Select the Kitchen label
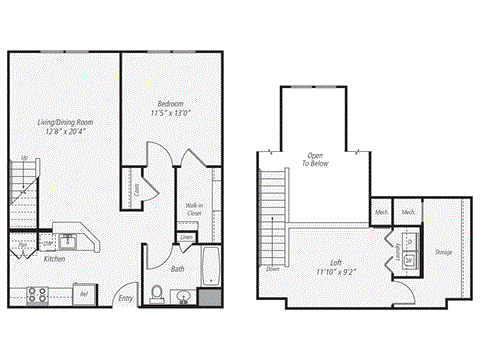(x=55, y=259)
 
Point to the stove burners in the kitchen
(x=37, y=294)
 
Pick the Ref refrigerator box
(x=85, y=295)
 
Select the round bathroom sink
(x=183, y=297)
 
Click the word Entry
(x=126, y=297)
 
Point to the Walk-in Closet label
(x=195, y=209)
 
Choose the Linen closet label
(x=187, y=237)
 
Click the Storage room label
(x=444, y=252)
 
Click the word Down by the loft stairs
(x=273, y=268)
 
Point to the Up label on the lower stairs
(x=24, y=159)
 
